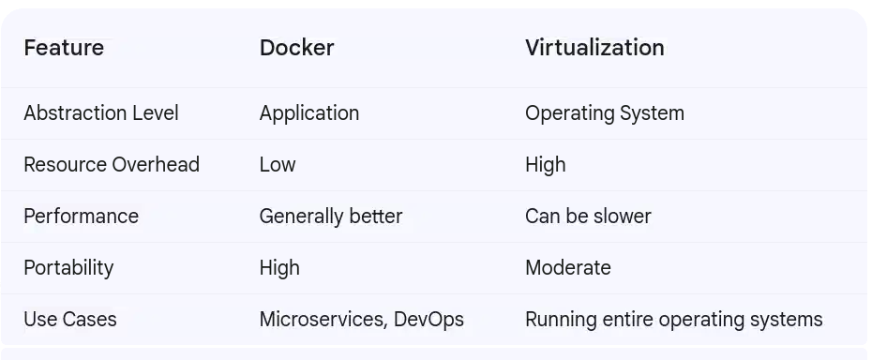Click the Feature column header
(x=64, y=48)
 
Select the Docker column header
(x=296, y=48)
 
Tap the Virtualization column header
(x=594, y=48)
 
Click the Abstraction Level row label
(x=101, y=113)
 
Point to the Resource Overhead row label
(x=112, y=165)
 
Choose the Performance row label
(x=81, y=217)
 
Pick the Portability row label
(x=68, y=268)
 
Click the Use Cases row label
(x=70, y=320)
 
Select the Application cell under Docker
(x=309, y=113)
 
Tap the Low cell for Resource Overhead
(x=278, y=165)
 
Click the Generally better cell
(x=331, y=217)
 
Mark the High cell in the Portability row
(x=279, y=268)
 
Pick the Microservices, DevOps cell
(x=362, y=320)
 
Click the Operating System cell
(x=605, y=113)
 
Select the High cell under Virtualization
(x=546, y=165)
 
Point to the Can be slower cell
(x=588, y=217)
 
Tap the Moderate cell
(x=568, y=268)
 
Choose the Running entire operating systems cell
(x=674, y=320)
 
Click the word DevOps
(x=428, y=320)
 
